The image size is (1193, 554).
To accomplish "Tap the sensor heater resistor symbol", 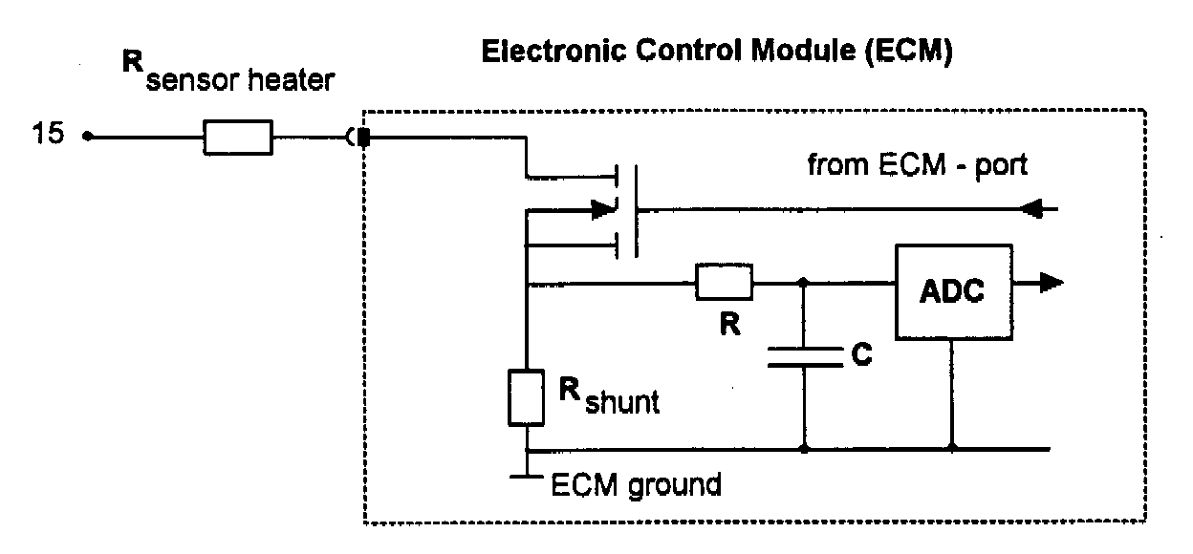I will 238,138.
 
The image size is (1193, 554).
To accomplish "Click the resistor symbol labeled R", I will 724,283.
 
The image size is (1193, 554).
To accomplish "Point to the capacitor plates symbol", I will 803,357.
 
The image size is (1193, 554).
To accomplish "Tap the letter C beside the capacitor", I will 860,357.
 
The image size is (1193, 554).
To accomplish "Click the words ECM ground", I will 636,485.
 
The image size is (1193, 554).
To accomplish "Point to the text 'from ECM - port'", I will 918,165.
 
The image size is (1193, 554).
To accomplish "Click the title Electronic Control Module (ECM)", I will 717,53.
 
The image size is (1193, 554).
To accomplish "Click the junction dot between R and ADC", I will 803,283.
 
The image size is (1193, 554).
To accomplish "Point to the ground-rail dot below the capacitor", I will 803,448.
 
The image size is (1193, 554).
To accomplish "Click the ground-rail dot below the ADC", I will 952,448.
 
